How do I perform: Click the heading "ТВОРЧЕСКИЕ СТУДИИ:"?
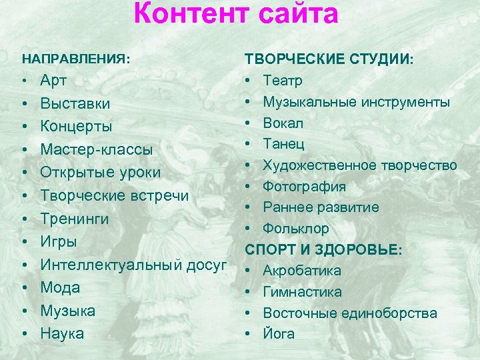coord(329,59)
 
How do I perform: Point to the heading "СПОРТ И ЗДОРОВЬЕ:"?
coord(323,249)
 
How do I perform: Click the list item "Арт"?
coord(53,81)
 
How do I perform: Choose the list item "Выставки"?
coord(75,104)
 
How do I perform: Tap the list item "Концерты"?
coord(76,127)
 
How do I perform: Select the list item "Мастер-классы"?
coord(96,149)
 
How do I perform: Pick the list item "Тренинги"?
coord(74,219)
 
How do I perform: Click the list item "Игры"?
coord(59,241)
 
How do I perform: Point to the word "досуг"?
coord(207,265)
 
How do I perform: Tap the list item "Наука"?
coord(63,333)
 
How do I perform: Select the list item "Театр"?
coord(283,81)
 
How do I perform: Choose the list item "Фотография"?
coord(304,186)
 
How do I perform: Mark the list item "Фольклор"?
coord(296,229)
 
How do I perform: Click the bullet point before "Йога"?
coord(247,334)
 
